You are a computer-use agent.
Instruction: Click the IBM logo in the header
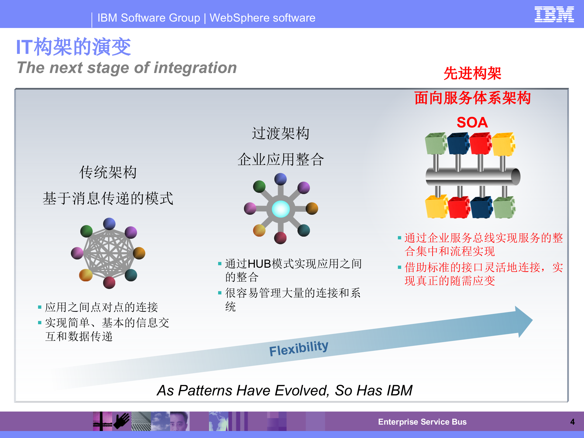tap(554, 14)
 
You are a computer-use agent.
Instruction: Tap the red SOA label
tap(472, 122)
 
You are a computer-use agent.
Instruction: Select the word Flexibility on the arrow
tap(298, 348)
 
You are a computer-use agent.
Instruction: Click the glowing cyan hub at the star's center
tap(280, 209)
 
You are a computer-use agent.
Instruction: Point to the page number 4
tap(572, 422)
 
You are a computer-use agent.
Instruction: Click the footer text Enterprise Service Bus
tap(422, 422)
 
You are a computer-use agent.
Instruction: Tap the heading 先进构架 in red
tap(472, 73)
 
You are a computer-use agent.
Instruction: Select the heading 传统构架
tap(108, 172)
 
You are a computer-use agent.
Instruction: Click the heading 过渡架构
tap(280, 133)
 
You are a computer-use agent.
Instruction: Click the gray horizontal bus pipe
tap(471, 176)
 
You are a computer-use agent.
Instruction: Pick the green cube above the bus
tap(436, 143)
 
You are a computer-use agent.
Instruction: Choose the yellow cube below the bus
tap(436, 207)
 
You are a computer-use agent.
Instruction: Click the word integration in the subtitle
tap(195, 68)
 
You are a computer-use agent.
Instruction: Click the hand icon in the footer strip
tap(122, 421)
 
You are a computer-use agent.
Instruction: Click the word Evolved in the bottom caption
tap(301, 391)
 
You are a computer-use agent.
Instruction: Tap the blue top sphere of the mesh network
tap(109, 224)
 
